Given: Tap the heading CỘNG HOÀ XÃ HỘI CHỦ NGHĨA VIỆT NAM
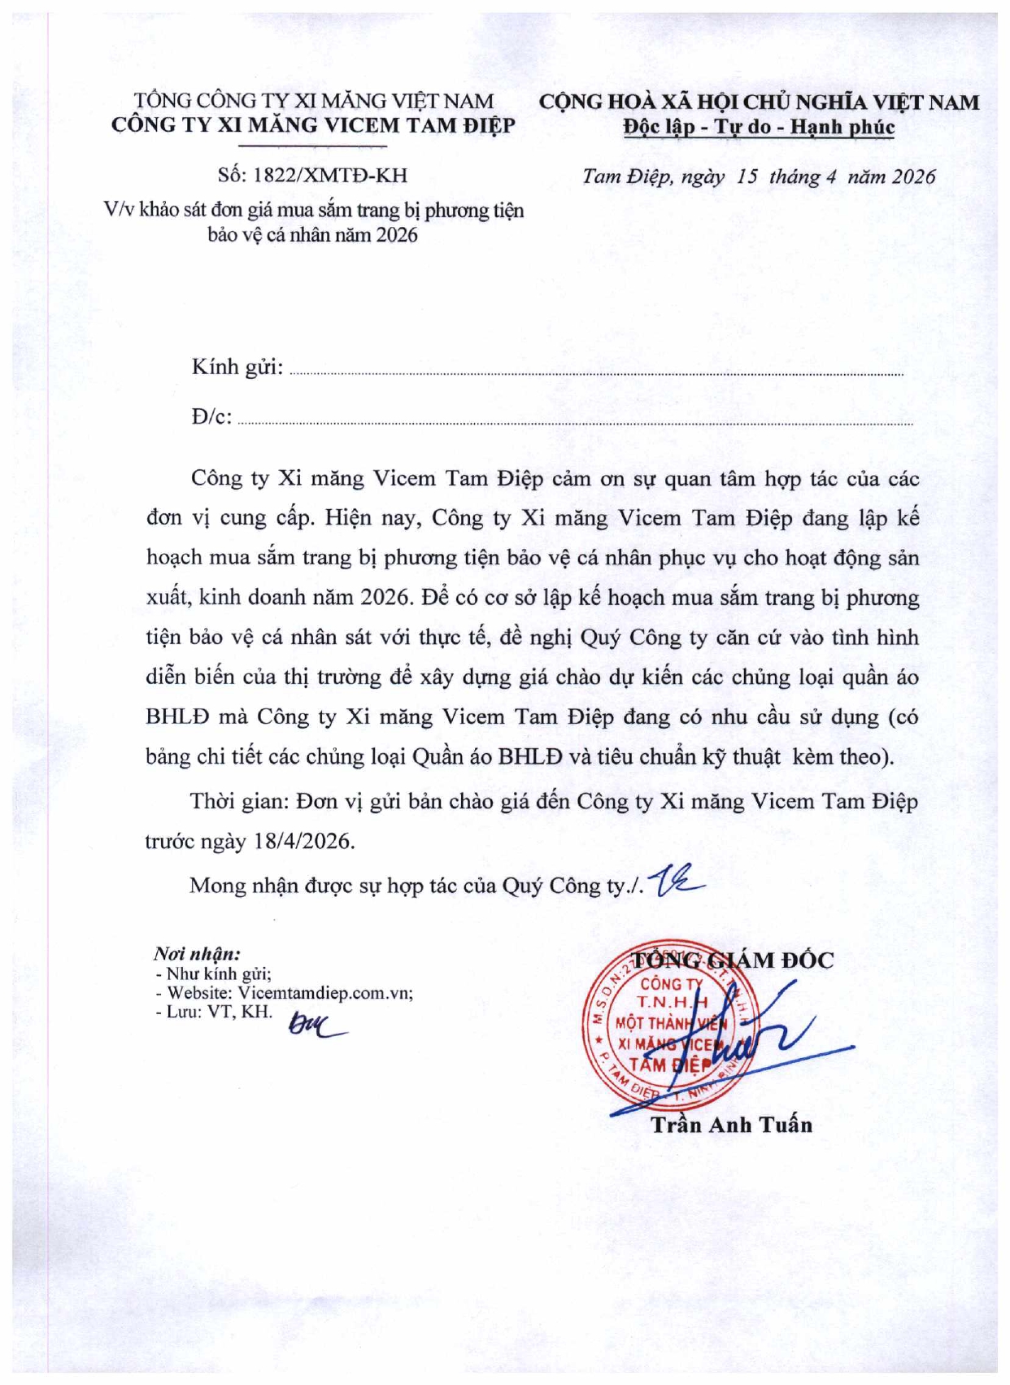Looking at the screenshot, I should click(x=759, y=102).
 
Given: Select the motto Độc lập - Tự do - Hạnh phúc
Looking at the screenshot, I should click(x=759, y=128).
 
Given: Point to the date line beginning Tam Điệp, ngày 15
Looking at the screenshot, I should click(x=758, y=177).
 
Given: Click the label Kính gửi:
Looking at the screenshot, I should click(x=237, y=368).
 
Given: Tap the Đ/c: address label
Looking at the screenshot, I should click(x=212, y=417).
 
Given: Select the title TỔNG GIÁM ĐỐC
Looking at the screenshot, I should click(x=734, y=960).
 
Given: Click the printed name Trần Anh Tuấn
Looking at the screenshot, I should click(x=731, y=1125).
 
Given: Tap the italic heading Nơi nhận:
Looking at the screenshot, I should click(x=197, y=954).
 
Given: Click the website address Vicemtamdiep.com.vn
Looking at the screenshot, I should click(x=324, y=993).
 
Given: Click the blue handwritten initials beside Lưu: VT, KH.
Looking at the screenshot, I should click(x=316, y=1027).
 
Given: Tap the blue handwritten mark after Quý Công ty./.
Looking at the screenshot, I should click(x=677, y=882).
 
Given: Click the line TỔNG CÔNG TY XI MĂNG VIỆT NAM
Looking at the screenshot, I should click(x=314, y=101).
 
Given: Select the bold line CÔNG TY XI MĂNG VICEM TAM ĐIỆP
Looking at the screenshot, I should click(x=313, y=125).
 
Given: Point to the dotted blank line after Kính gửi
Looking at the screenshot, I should click(x=596, y=373).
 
